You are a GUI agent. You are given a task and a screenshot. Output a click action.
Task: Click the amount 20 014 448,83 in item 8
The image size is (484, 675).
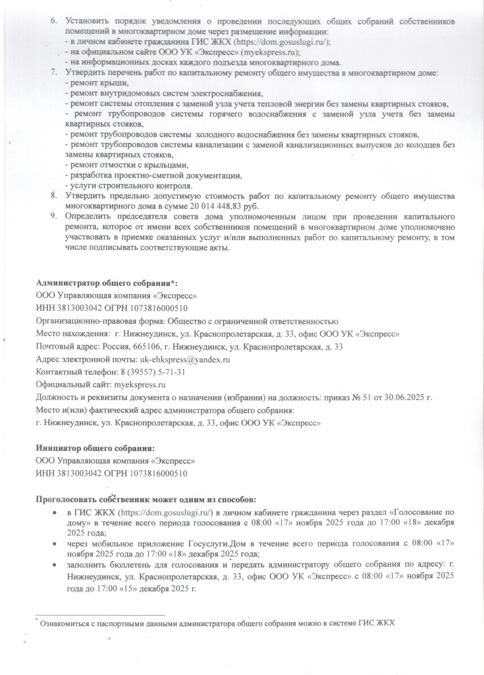coord(190,206)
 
